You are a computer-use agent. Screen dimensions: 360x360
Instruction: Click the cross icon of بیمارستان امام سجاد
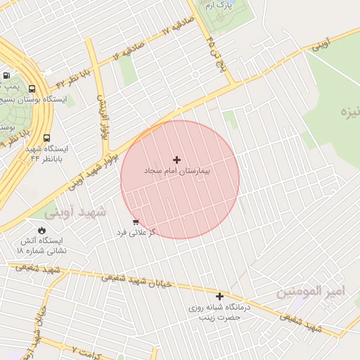point(176,160)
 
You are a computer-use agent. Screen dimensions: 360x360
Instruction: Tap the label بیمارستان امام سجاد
point(177,172)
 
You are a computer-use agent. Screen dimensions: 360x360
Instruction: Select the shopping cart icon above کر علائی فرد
point(135,221)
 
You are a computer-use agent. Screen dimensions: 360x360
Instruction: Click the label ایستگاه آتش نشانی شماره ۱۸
point(41,245)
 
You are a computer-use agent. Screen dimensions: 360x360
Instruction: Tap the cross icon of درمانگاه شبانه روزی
point(220,297)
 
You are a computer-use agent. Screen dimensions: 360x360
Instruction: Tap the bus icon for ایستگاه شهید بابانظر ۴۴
point(46,139)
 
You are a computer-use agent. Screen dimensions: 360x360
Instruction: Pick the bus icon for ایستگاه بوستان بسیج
point(32,89)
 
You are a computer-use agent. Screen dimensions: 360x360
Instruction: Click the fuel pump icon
point(6,75)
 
